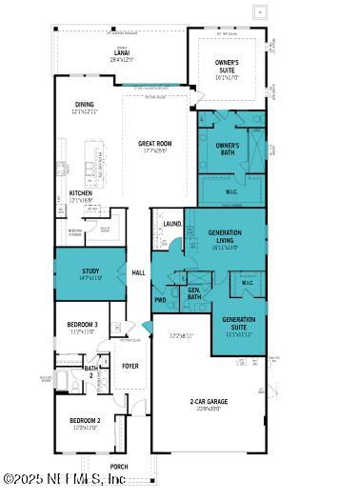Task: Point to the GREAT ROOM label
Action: click(154, 143)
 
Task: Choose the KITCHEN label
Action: click(80, 192)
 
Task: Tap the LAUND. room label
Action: click(171, 224)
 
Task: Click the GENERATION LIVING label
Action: click(225, 236)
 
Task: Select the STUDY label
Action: click(90, 271)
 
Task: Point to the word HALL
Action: click(138, 271)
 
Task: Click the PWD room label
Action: click(160, 300)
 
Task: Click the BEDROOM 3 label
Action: click(82, 325)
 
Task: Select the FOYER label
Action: click(130, 365)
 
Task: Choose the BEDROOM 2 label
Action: click(85, 420)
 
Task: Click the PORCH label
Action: click(119, 467)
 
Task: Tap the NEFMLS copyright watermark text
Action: click(65, 479)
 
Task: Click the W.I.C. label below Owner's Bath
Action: click(231, 190)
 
